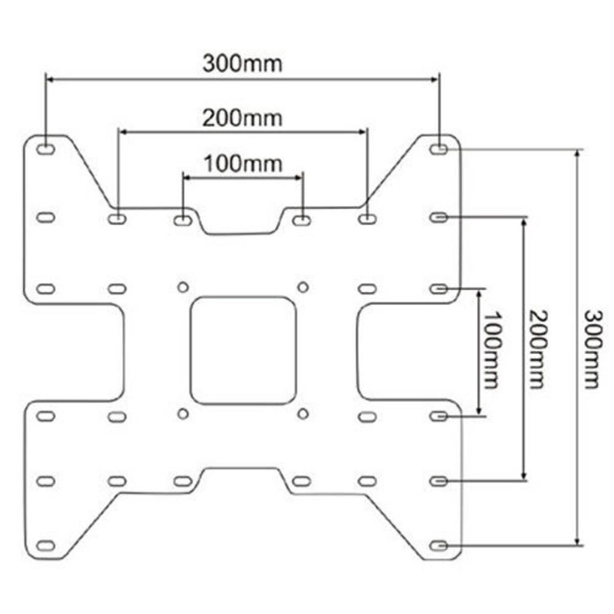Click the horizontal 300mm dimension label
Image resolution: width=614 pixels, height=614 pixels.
tap(242, 64)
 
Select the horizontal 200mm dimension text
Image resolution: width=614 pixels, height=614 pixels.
tap(242, 118)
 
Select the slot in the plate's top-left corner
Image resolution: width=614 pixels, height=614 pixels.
tap(46, 149)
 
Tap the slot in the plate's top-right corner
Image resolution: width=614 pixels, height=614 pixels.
tap(438, 149)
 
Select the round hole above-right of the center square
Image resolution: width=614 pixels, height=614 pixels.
tap(303, 287)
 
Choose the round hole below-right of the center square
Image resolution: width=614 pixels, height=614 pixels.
tap(303, 413)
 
